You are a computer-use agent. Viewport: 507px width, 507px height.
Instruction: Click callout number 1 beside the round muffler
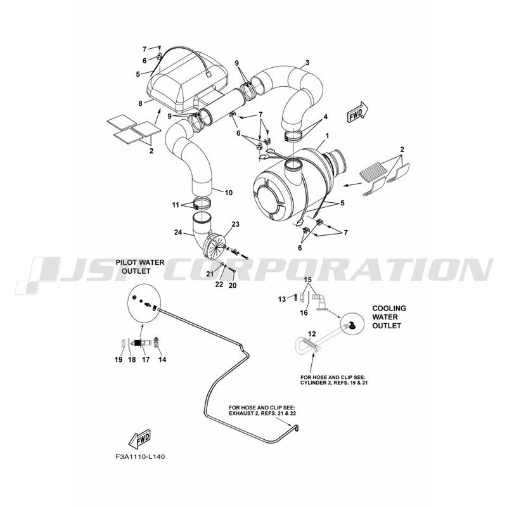point(328,137)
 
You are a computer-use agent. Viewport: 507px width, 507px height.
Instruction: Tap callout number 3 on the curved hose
point(307,62)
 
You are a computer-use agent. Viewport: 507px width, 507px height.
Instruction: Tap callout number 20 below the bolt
point(233,285)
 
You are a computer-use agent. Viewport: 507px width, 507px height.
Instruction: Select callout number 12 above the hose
point(311,333)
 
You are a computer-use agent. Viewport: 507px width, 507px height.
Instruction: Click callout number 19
point(119,359)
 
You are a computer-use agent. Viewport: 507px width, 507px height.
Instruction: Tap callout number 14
point(161,359)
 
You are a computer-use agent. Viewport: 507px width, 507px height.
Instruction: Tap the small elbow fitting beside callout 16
point(319,297)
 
